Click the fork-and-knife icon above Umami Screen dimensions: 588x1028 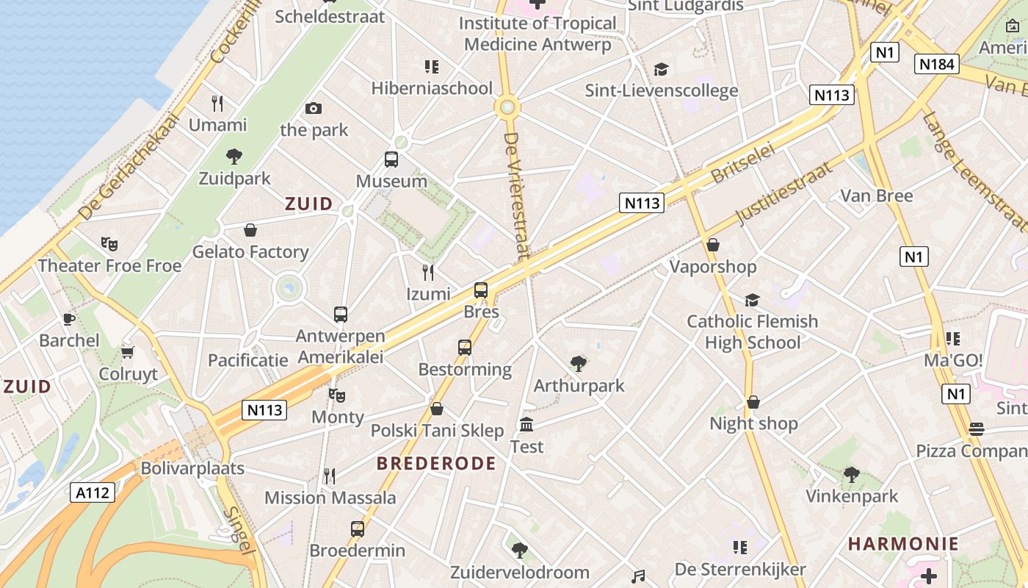tap(217, 103)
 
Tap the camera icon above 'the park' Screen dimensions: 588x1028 tap(314, 109)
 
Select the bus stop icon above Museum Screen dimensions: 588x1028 tap(391, 159)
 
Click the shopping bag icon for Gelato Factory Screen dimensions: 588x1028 tap(250, 230)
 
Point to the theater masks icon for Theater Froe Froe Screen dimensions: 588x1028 tap(109, 243)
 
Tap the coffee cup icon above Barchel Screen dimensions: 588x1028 tap(69, 319)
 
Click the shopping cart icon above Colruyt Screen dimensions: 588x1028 tap(128, 352)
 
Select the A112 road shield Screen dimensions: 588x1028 tap(94, 492)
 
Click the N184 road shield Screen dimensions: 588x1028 tap(938, 64)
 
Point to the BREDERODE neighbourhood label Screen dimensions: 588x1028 tap(436, 464)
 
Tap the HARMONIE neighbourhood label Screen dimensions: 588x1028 tap(903, 545)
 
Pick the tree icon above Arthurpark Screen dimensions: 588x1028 tap(579, 363)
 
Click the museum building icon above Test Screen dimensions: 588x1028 tap(526, 425)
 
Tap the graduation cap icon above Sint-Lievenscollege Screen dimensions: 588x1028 tap(661, 69)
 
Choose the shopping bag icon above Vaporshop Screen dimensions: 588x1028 tap(712, 245)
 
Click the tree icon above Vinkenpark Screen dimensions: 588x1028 tap(852, 475)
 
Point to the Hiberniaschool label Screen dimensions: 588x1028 tap(432, 89)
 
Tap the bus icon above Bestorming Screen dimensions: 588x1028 tap(465, 348)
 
